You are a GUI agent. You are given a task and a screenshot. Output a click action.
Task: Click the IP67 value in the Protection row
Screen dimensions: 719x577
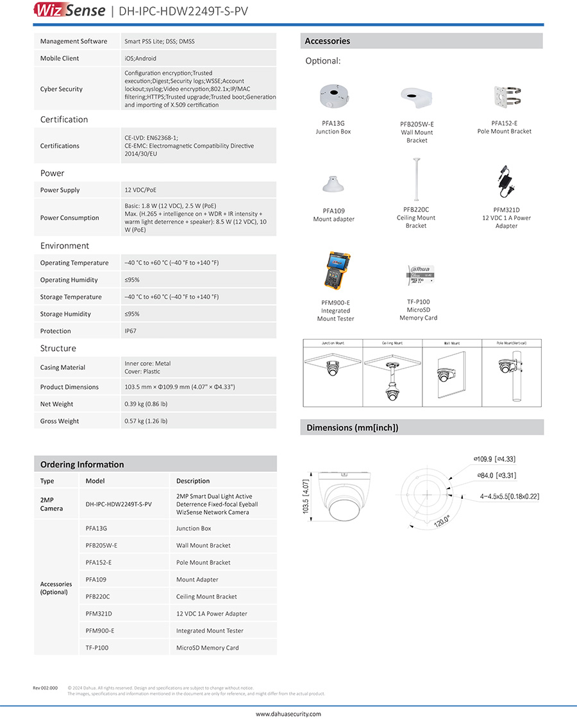click(x=130, y=331)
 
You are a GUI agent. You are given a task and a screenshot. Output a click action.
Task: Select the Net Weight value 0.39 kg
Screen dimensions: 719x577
click(x=146, y=404)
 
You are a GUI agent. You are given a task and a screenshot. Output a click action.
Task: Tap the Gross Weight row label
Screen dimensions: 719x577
click(x=60, y=421)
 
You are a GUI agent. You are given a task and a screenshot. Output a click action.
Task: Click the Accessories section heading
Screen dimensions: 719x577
click(x=328, y=41)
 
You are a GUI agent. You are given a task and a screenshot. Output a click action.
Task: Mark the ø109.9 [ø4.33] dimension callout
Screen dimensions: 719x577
click(x=494, y=459)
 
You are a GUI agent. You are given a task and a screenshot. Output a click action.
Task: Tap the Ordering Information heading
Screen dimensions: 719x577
click(x=82, y=464)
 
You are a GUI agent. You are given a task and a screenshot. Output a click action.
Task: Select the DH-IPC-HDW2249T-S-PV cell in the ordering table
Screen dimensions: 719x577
click(x=119, y=505)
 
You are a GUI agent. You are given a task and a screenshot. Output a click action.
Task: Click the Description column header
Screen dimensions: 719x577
click(x=193, y=481)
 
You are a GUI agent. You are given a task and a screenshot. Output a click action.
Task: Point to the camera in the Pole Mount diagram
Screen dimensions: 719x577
click(x=507, y=367)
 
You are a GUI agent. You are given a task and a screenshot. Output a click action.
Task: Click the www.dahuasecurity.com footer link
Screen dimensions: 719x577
click(x=288, y=714)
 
